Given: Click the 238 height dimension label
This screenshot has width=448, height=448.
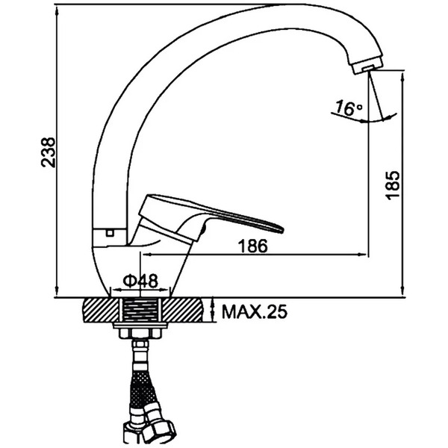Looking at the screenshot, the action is tap(48, 152).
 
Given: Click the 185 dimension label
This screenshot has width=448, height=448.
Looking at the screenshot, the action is tap(392, 185).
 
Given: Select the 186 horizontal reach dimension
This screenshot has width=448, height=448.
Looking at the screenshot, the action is tap(253, 246).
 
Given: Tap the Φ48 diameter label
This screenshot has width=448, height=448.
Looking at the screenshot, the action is tap(140, 281).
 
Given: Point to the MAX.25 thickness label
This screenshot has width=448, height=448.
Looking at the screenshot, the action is tap(255, 311).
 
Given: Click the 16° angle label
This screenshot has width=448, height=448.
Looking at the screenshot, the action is tap(348, 108).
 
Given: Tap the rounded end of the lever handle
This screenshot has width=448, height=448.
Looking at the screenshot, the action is tap(279, 228).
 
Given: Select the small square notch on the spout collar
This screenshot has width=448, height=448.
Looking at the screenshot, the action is tap(110, 232).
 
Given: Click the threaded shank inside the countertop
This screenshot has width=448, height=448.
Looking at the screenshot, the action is tap(140, 310).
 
